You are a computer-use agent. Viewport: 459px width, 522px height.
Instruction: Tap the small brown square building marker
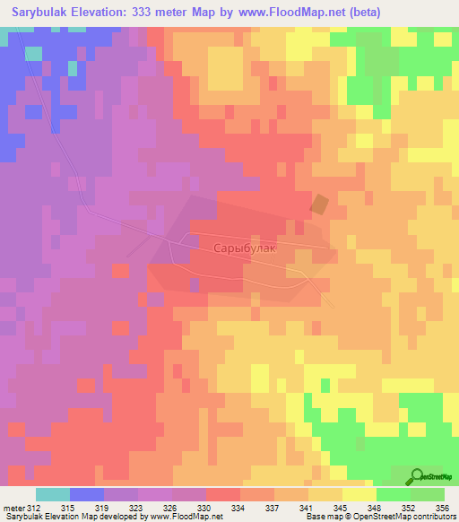pos(319,204)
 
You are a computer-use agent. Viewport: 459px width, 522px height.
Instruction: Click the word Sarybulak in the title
pos(44,13)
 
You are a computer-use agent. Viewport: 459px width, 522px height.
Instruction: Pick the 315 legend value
pos(69,508)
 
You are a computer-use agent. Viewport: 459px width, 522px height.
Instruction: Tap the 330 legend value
pos(205,508)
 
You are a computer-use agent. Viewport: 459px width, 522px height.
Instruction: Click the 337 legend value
pos(273,508)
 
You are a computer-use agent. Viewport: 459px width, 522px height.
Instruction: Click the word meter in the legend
pos(13,508)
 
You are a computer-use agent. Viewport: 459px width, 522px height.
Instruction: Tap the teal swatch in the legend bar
pos(52,494)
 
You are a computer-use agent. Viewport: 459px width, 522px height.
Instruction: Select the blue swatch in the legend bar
pos(86,494)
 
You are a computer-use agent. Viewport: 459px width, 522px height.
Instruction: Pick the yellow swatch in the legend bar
pos(359,494)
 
